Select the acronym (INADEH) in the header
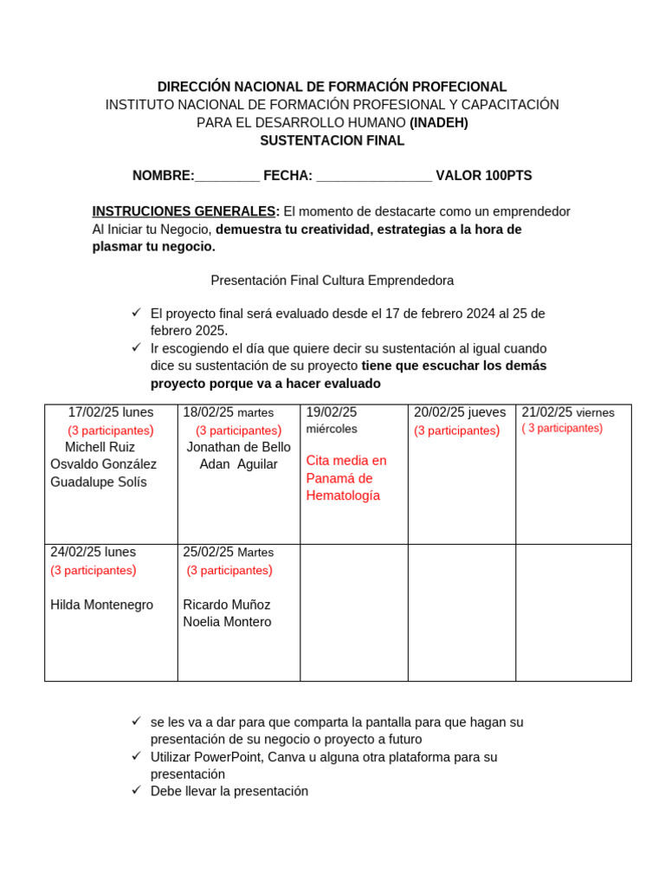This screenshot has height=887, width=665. [x=438, y=122]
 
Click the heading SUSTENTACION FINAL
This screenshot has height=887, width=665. [x=332, y=140]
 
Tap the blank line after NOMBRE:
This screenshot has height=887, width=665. [x=227, y=177]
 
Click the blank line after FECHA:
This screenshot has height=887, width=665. [x=374, y=177]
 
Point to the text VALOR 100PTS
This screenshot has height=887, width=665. [x=483, y=176]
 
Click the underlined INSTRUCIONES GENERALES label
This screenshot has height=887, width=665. [x=185, y=211]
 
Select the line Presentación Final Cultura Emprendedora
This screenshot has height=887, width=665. [x=332, y=281]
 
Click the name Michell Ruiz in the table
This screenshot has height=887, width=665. [x=100, y=447]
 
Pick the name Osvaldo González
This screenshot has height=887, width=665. [x=103, y=464]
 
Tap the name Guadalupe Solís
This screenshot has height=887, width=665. [x=99, y=482]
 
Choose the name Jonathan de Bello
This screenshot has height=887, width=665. [x=238, y=447]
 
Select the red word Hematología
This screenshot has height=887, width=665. [x=343, y=495]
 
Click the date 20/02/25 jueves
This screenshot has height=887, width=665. [x=460, y=412]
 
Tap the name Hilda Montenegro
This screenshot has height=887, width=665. [x=101, y=605]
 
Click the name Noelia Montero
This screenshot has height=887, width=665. [x=227, y=622]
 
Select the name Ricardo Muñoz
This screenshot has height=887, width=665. [x=227, y=605]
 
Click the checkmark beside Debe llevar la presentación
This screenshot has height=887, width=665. [x=136, y=790]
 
